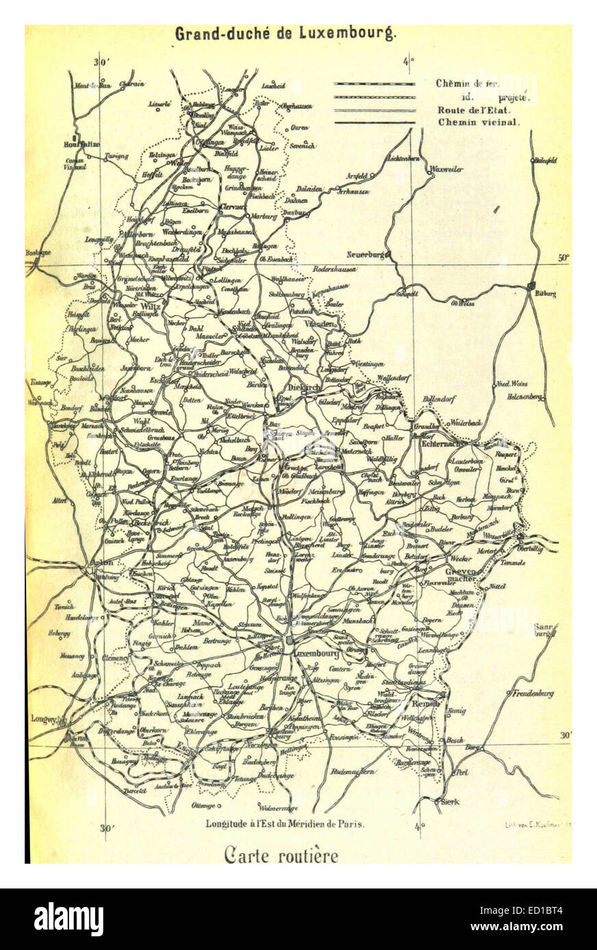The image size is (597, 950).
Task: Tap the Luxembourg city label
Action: tap(317, 654)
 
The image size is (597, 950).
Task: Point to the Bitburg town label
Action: tap(546, 294)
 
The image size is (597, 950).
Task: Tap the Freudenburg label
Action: tap(533, 694)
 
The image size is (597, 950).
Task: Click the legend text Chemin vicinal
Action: tap(478, 123)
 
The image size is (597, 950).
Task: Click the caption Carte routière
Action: tap(280, 855)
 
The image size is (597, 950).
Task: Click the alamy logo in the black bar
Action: tap(68, 919)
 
